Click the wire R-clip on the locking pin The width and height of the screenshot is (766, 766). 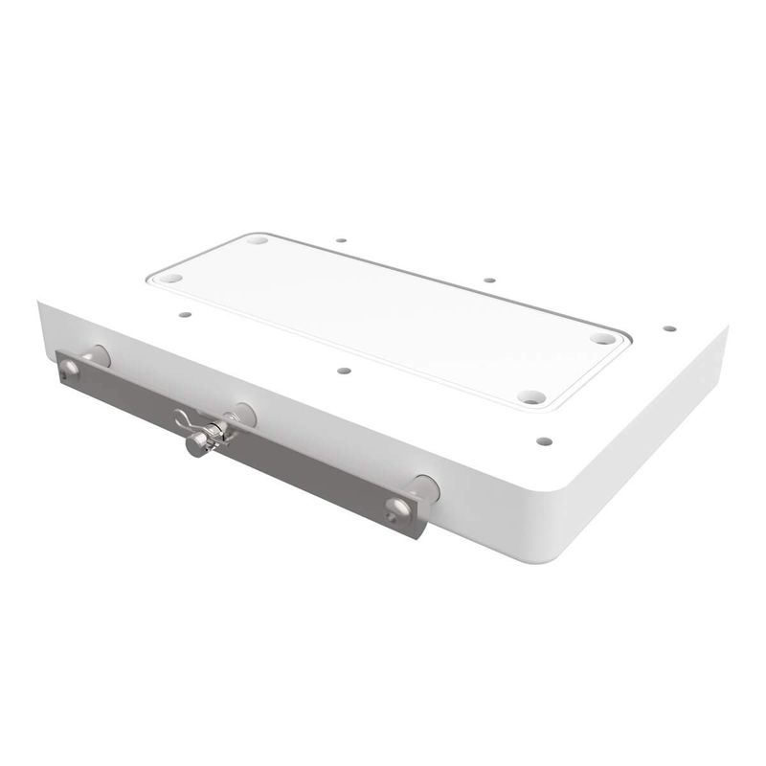[186, 418]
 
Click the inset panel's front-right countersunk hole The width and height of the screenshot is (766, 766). [530, 396]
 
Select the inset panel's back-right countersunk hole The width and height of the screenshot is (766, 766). [601, 338]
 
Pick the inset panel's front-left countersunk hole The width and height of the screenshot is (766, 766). [170, 278]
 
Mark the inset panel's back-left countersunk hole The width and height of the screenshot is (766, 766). [257, 239]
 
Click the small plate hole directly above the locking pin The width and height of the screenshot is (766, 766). [345, 370]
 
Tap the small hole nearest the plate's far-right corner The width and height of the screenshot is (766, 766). [669, 328]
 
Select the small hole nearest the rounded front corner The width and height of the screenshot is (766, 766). [544, 441]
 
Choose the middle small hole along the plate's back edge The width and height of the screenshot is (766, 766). [488, 281]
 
